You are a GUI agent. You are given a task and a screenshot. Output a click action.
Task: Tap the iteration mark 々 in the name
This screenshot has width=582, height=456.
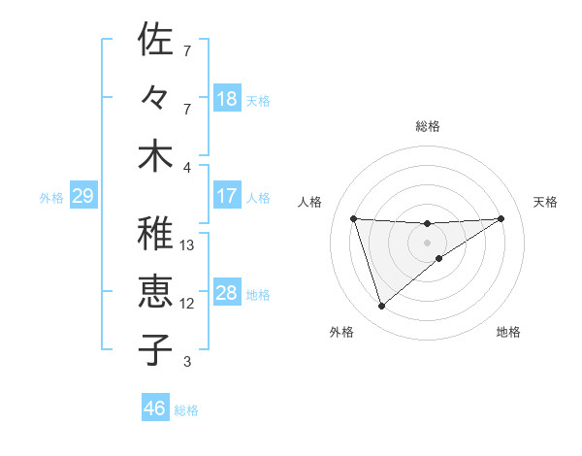155,99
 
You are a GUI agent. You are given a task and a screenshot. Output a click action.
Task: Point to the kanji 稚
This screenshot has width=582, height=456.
155,233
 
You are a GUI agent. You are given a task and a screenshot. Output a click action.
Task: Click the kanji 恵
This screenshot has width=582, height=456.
155,291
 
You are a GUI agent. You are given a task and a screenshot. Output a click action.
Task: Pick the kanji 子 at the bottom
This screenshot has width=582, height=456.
155,349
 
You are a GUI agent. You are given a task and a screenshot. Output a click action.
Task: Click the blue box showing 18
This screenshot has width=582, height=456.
226,99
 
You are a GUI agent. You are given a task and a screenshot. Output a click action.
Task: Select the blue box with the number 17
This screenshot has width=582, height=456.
226,196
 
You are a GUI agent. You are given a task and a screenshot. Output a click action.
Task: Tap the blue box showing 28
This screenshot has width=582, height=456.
226,293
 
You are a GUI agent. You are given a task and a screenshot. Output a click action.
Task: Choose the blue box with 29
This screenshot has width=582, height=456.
82,197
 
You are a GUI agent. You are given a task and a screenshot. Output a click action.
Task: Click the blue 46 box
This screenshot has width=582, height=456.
155,408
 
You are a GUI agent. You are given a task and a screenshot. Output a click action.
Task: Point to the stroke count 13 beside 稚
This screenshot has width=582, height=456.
187,245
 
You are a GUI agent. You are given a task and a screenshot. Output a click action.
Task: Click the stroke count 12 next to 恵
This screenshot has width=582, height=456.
187,304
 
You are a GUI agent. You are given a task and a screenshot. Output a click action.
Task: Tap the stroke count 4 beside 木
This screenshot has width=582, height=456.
186,167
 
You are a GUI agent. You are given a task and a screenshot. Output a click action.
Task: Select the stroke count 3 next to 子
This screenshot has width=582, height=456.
186,363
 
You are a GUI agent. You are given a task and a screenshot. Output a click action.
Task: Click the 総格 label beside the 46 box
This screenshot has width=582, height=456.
186,410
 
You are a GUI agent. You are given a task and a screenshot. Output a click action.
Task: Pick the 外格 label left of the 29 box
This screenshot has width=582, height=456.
51,198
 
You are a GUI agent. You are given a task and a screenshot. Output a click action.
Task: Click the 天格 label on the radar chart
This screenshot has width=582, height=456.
545,202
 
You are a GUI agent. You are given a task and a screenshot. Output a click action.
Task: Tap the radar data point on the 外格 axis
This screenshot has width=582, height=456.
381,307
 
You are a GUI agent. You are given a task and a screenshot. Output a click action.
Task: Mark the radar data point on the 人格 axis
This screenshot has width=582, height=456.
353,218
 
